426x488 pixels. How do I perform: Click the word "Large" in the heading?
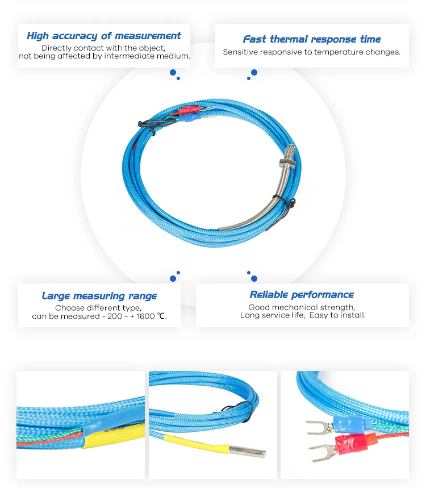point(56,296)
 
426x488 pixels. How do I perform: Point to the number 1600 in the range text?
point(145,316)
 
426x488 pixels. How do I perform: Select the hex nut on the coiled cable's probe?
point(286,162)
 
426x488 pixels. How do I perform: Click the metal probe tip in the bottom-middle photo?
point(248,451)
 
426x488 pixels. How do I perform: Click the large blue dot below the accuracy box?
point(173,73)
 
